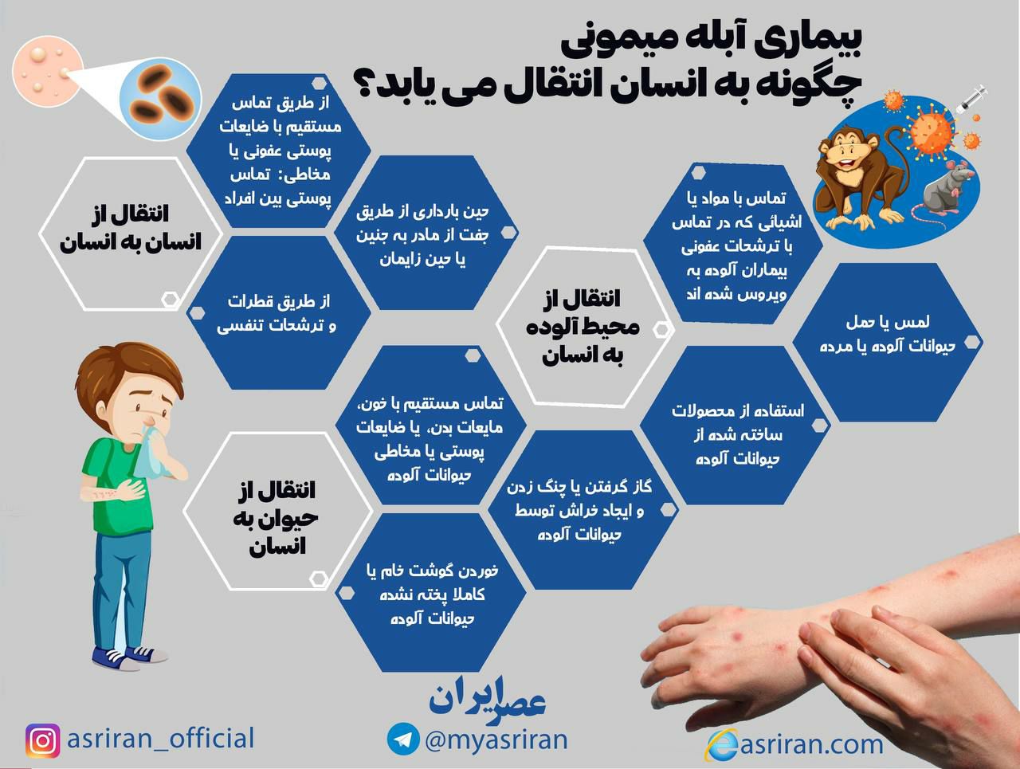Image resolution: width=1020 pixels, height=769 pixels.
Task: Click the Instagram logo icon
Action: coord(42,740)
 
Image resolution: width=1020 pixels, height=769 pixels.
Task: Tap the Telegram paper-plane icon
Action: coord(403,740)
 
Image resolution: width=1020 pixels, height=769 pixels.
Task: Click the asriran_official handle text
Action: coord(160,738)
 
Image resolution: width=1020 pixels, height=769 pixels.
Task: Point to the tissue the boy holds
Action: coord(151,450)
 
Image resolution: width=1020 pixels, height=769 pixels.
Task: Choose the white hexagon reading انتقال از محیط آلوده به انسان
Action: coord(582,327)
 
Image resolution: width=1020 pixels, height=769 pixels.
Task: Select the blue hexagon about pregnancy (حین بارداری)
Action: coord(422,235)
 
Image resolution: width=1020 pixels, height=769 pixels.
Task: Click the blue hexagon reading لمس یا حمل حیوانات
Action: coord(886,335)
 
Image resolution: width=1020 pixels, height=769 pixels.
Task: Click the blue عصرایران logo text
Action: coord(486,696)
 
